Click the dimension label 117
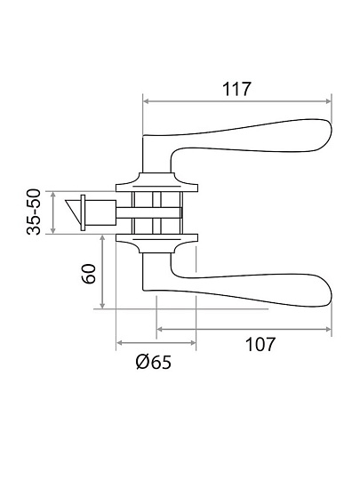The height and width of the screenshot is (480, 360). (236, 89)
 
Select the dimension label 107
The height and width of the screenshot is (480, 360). (260, 344)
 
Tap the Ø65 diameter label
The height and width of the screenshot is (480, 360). (154, 363)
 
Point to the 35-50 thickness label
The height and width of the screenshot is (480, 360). (34, 212)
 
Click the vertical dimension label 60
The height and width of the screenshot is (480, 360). (89, 274)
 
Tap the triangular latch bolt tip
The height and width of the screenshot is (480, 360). (73, 211)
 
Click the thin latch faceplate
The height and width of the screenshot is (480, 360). (83, 212)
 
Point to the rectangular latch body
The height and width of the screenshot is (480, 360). (100, 212)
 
